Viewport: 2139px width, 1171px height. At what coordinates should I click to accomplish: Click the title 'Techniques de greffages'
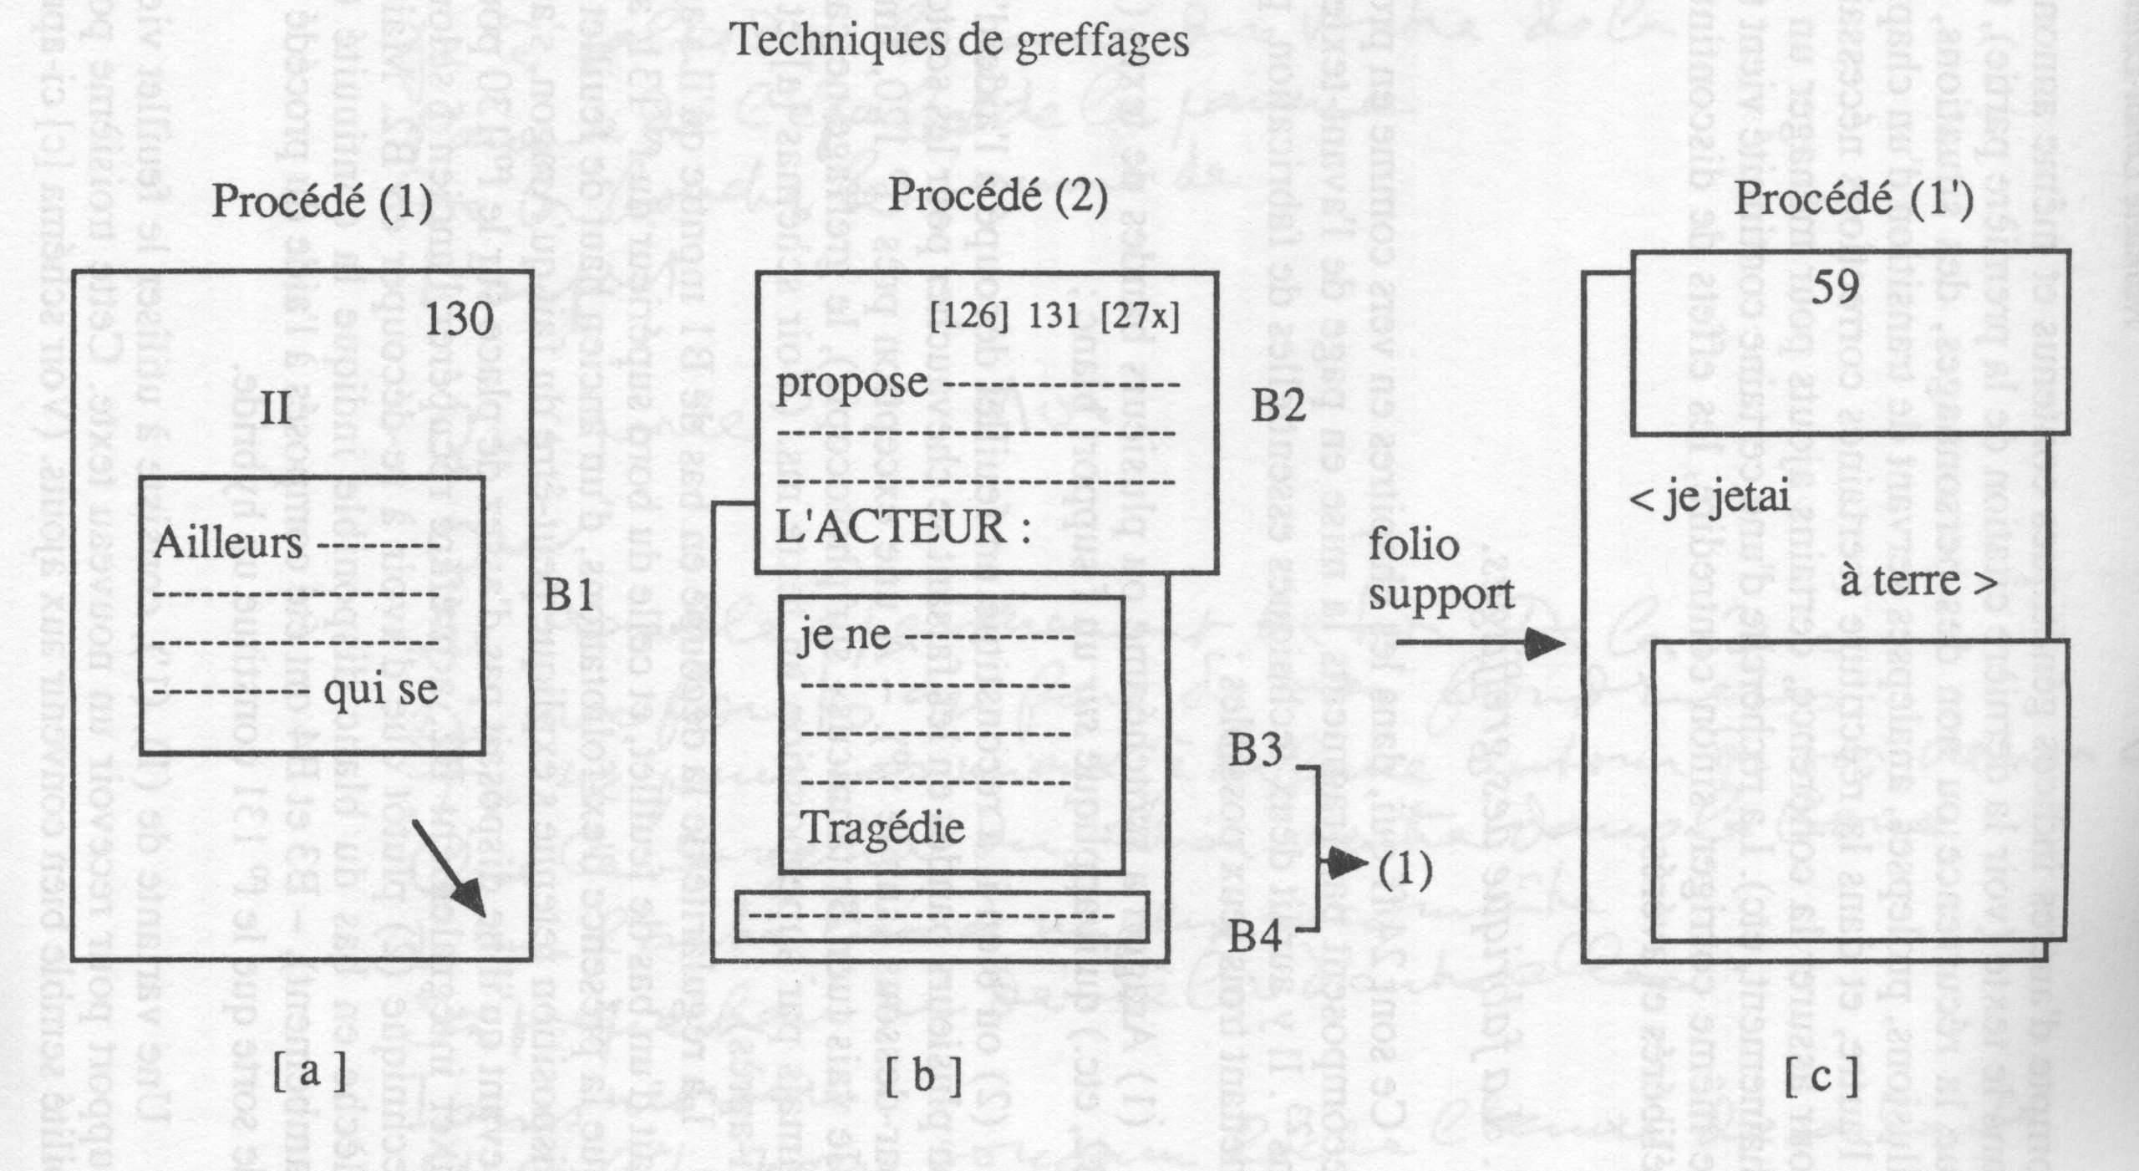point(960,40)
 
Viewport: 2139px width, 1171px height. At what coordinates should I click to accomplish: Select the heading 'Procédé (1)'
point(322,201)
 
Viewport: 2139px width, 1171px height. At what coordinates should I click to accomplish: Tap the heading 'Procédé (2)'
point(998,197)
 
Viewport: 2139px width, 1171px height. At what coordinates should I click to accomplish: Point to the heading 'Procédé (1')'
point(1854,201)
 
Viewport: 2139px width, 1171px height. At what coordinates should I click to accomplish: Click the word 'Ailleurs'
point(227,543)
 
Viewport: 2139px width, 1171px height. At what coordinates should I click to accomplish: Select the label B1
point(569,597)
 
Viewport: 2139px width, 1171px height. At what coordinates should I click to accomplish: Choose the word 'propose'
point(852,384)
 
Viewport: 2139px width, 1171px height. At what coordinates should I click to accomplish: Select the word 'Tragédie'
point(883,827)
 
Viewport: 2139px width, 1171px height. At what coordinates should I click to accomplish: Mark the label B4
point(1255,939)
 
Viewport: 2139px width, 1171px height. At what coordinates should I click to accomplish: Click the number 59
point(1836,288)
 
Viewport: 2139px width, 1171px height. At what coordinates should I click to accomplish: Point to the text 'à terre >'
point(1918,582)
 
